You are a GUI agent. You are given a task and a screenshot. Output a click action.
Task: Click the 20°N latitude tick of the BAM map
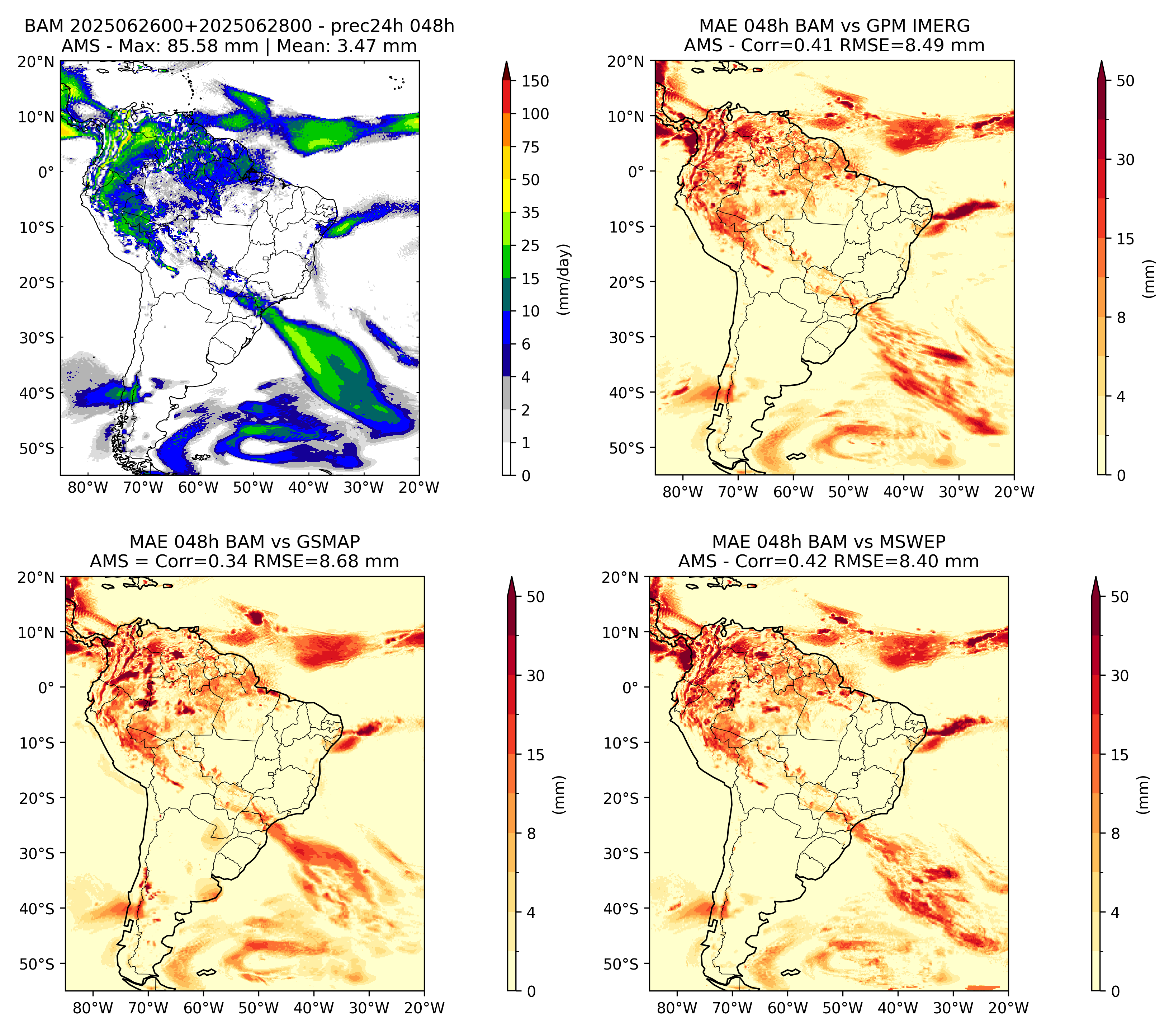(36, 61)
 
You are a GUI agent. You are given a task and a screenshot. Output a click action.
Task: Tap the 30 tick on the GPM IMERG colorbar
(1126, 160)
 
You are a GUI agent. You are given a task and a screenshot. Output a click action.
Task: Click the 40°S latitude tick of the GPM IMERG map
(627, 393)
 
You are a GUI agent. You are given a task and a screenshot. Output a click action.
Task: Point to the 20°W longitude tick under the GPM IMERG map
(1014, 492)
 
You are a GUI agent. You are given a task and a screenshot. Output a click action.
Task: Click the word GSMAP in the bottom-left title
(328, 542)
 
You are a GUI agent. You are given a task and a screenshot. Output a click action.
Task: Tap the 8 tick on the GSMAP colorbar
(531, 834)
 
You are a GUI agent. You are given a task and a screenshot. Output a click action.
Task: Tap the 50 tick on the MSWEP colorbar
(1120, 597)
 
